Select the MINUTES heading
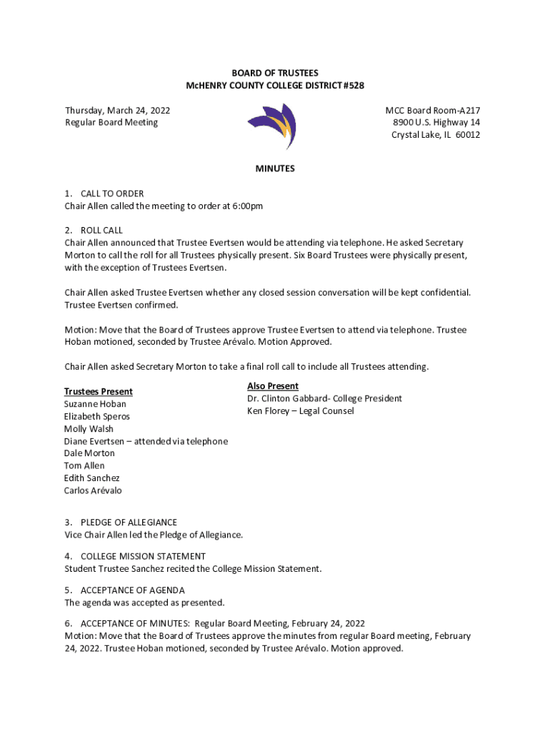tap(275, 169)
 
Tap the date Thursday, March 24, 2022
tap(117, 111)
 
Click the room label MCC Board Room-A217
tap(433, 111)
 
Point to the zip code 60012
tap(467, 135)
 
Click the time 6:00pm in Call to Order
tap(247, 206)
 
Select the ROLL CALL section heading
tap(101, 231)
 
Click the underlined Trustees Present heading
tap(99, 391)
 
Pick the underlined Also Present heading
tap(273, 386)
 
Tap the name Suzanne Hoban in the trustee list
tap(95, 404)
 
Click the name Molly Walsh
tap(89, 429)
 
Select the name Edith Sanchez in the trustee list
tap(92, 478)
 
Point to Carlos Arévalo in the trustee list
tap(93, 490)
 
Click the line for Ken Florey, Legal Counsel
tap(301, 411)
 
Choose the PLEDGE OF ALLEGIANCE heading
tap(129, 523)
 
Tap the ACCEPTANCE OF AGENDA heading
tap(133, 590)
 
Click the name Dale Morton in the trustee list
tap(89, 453)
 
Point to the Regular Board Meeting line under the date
tap(111, 123)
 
